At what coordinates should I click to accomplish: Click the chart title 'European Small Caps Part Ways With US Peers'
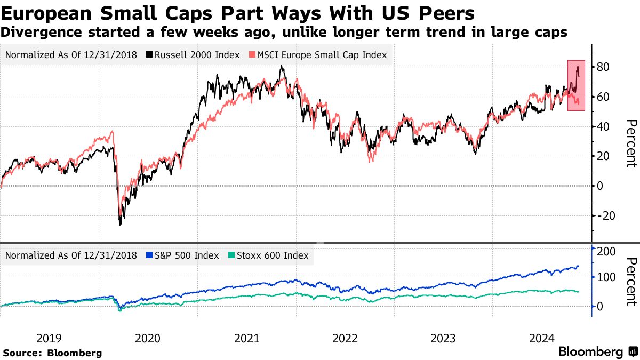click(238, 13)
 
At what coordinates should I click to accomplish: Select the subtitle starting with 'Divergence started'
click(284, 33)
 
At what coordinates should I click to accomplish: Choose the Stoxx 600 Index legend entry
click(268, 255)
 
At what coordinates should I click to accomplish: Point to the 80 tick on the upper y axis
click(604, 67)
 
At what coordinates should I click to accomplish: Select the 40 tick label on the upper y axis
click(604, 126)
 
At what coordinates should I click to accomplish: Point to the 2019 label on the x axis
click(49, 338)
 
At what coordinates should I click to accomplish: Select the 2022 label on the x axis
click(345, 338)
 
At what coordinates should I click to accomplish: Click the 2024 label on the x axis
click(542, 338)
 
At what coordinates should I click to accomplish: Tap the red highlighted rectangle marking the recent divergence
click(576, 85)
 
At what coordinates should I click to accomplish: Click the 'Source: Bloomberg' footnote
click(52, 353)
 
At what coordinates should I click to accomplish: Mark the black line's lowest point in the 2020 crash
click(120, 225)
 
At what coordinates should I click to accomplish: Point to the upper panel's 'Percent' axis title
click(631, 143)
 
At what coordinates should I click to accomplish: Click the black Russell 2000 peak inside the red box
click(578, 66)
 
